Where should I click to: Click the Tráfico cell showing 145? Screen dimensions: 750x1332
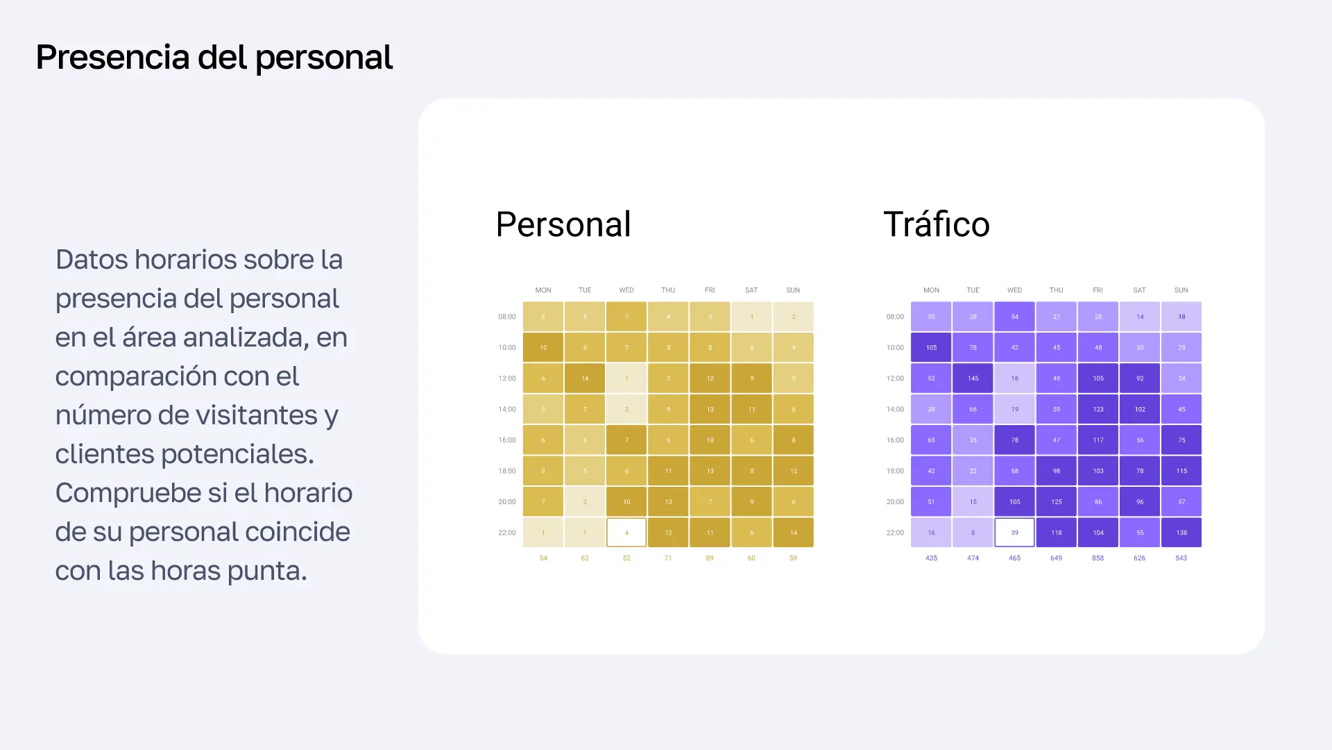point(973,378)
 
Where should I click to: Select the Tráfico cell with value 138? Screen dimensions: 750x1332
point(1181,533)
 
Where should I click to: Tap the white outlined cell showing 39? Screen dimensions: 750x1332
point(1014,533)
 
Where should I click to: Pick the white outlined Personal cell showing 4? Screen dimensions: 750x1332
point(626,533)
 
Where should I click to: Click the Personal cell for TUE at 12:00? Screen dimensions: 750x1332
point(585,378)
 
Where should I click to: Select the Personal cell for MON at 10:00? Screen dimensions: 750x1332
point(543,347)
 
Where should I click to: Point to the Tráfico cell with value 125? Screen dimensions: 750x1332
point(1056,501)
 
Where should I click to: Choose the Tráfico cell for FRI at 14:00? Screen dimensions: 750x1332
point(1098,409)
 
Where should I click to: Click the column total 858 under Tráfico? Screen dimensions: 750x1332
point(1098,558)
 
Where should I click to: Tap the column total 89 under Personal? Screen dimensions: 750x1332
point(710,558)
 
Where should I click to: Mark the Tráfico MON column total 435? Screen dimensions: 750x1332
point(931,558)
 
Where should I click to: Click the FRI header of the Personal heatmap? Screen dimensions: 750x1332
point(710,290)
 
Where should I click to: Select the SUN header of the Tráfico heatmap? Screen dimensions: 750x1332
point(1181,290)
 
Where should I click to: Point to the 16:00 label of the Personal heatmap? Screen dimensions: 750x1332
point(507,440)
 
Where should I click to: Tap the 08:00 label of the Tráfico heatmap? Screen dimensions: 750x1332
point(895,317)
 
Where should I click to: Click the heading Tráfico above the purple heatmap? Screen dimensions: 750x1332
point(936,224)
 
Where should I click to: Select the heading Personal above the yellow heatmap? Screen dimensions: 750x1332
point(563,224)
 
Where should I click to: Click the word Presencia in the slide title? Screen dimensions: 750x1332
point(112,57)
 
